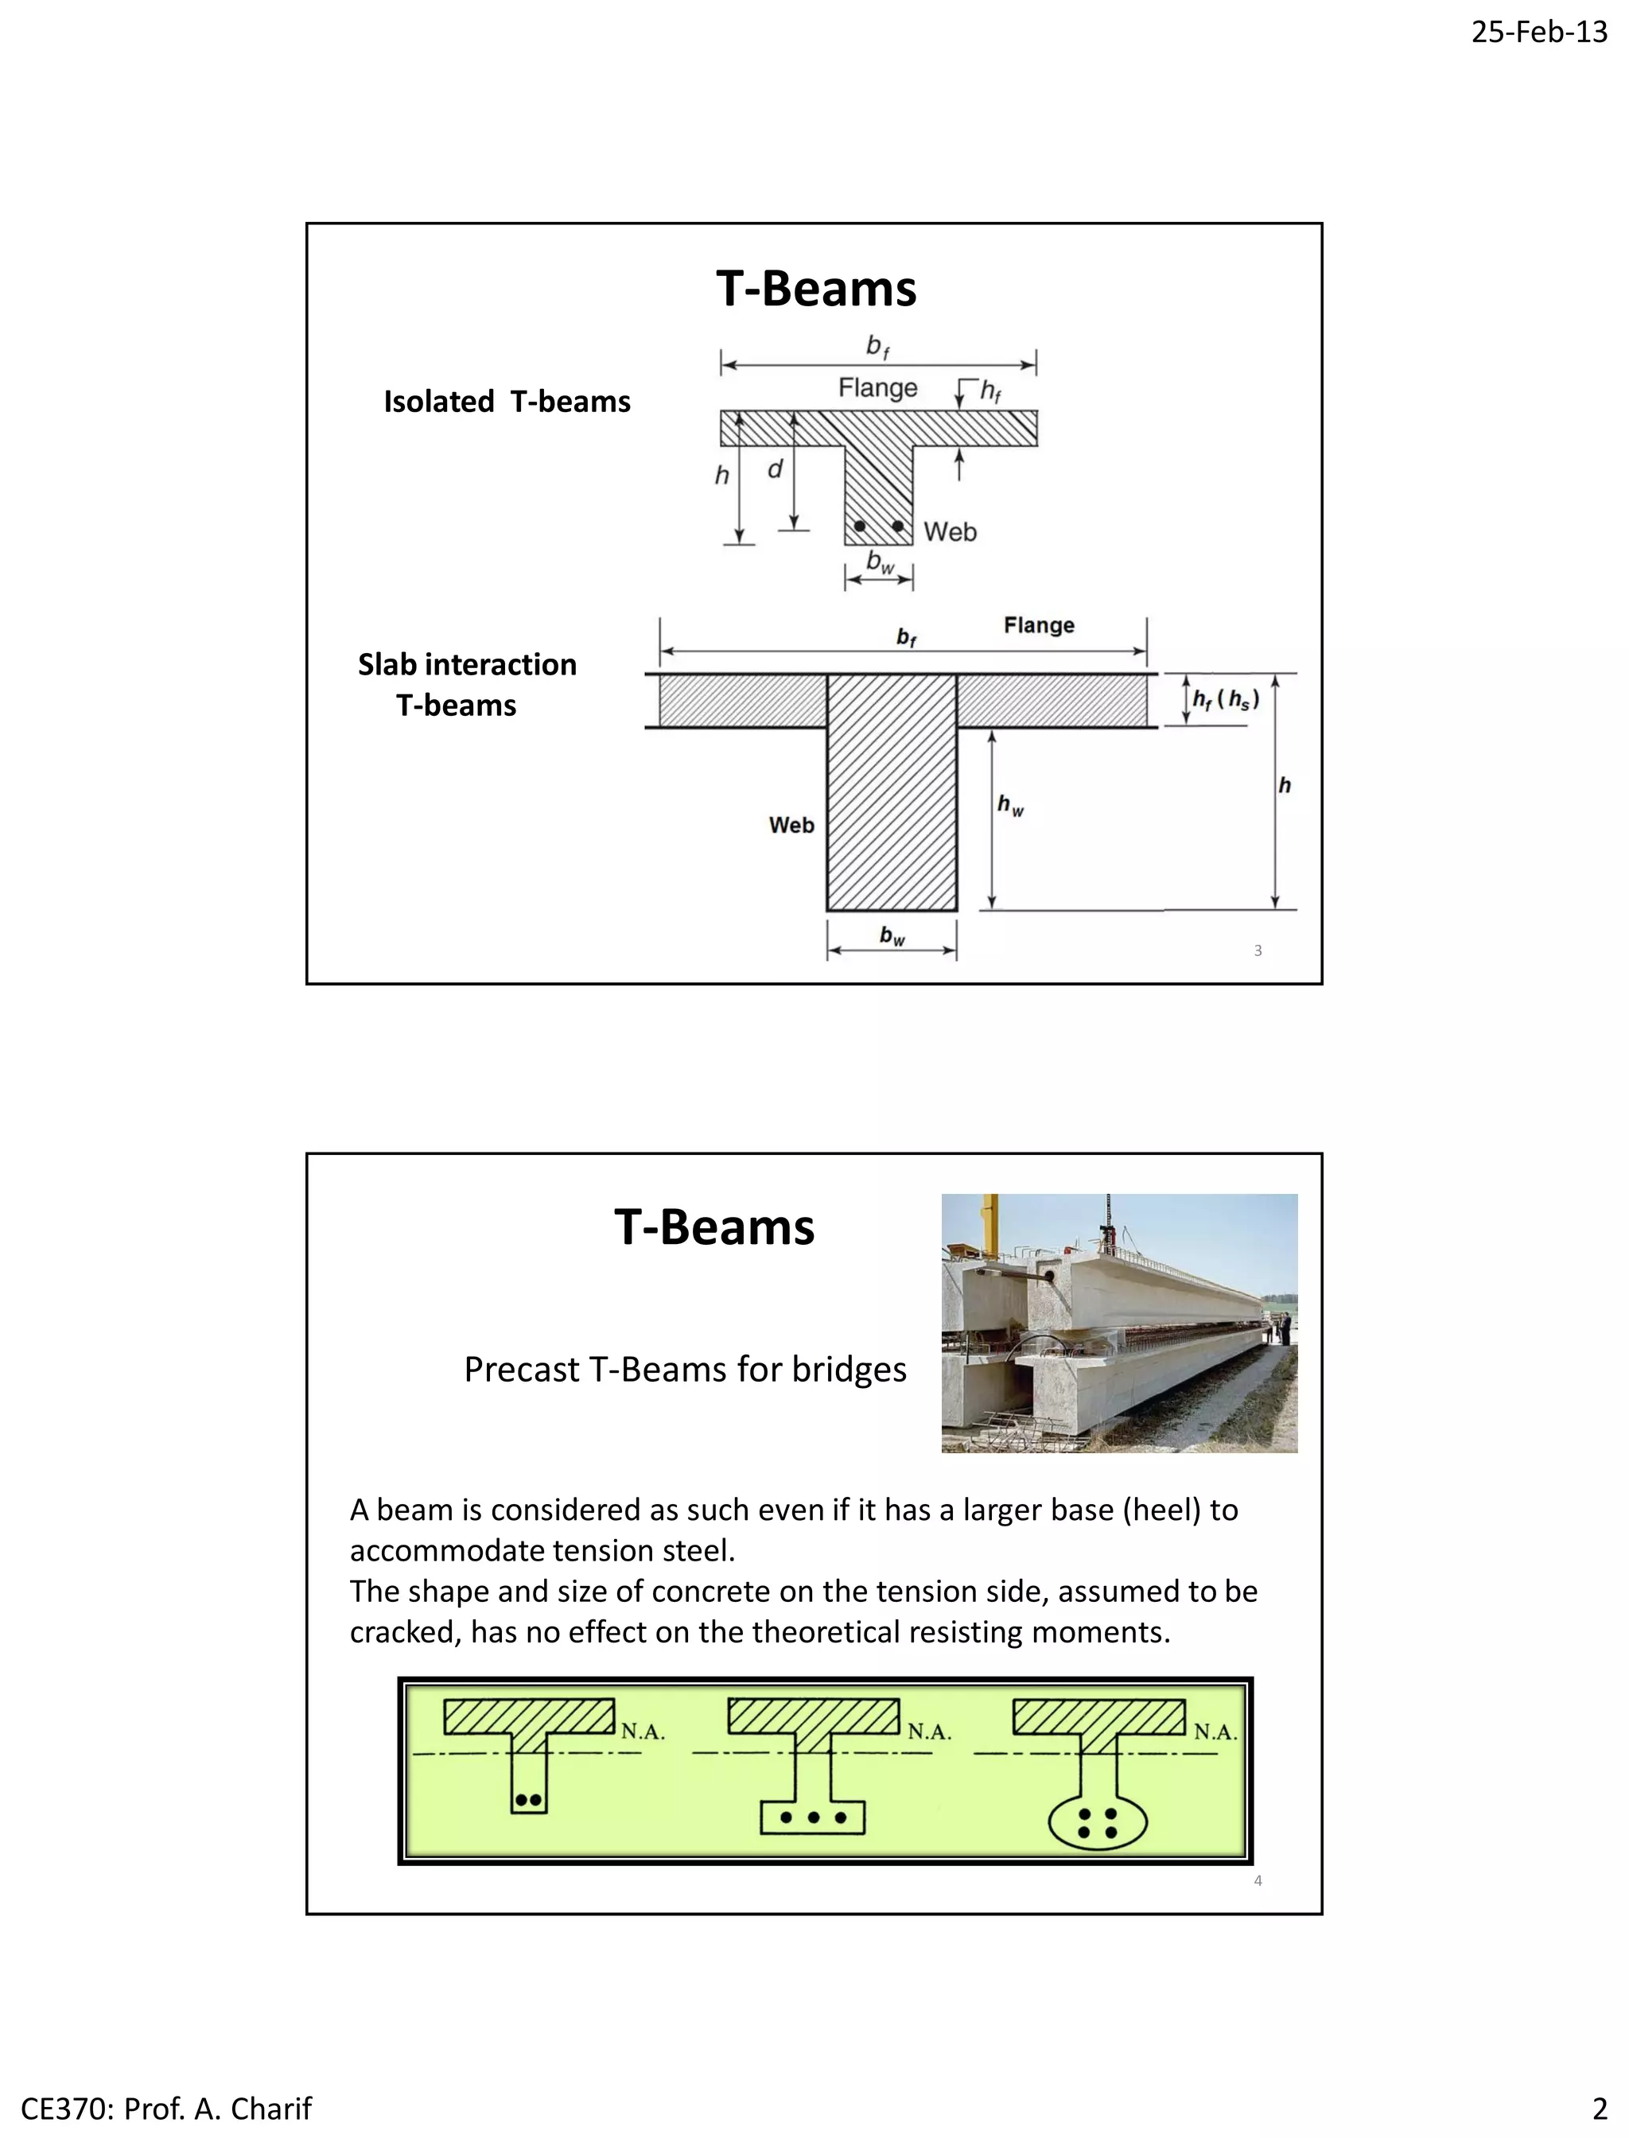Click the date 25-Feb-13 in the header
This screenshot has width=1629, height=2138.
tap(1539, 32)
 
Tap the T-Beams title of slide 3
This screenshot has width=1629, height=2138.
tap(815, 289)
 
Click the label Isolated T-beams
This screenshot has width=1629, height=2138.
tap(507, 402)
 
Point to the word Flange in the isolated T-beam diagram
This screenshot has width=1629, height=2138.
tap(877, 388)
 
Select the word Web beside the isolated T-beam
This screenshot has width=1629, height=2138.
tap(949, 531)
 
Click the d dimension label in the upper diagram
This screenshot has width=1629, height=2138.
tap(775, 470)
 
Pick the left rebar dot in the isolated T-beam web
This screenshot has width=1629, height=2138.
tap(859, 527)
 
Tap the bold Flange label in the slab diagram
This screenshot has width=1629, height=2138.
tap(1039, 625)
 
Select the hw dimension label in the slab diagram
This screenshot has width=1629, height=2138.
tap(1010, 805)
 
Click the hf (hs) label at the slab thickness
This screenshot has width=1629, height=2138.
tap(1226, 699)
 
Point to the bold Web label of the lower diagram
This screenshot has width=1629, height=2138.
tap(791, 825)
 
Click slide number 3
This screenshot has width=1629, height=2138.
tap(1258, 950)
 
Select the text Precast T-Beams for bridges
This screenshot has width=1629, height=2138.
tap(685, 1369)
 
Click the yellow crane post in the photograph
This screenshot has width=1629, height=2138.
tap(989, 1222)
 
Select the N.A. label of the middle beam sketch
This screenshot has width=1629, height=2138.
tap(929, 1732)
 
